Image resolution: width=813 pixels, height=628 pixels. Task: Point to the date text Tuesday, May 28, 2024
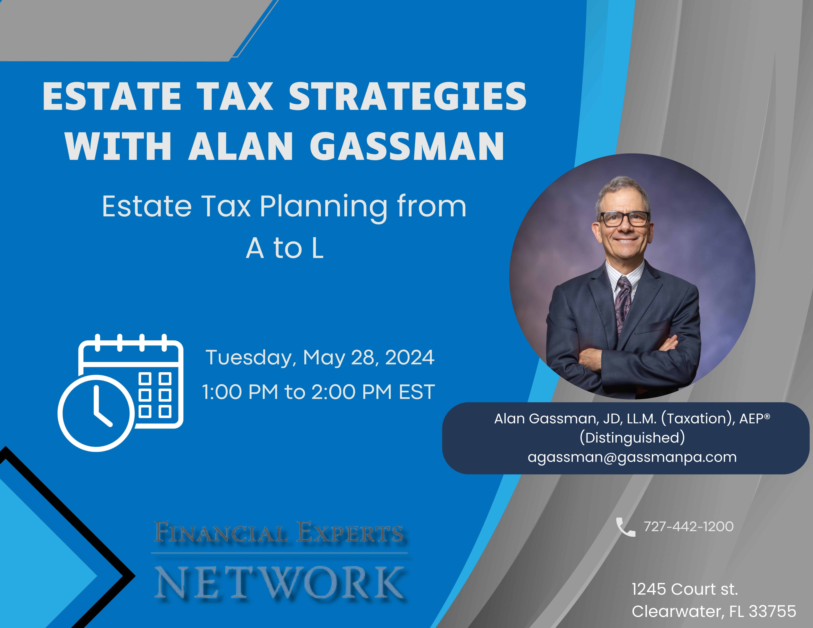pyautogui.click(x=320, y=358)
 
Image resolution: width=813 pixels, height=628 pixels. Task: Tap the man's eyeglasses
pyautogui.click(x=625, y=218)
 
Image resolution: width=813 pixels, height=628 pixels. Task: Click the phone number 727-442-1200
pyautogui.click(x=689, y=526)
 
